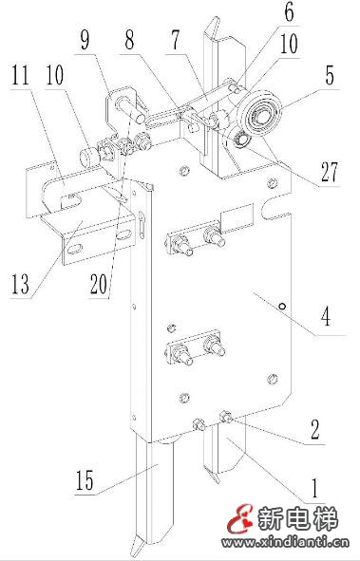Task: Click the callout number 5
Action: click(x=330, y=76)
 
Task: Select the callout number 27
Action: click(x=329, y=172)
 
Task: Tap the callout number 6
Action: click(x=289, y=12)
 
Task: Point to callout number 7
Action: click(x=176, y=40)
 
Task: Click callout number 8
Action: click(x=129, y=40)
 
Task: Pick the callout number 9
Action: click(x=85, y=40)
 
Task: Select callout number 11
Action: click(x=20, y=75)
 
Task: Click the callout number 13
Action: click(x=20, y=284)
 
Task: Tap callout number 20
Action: click(x=99, y=285)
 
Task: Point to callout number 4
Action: click(x=326, y=317)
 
